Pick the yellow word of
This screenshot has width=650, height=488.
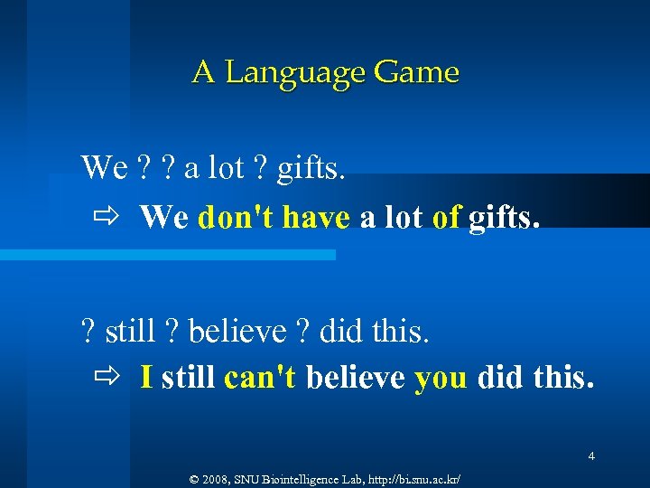pyautogui.click(x=446, y=217)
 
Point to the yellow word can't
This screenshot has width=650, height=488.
pyautogui.click(x=259, y=376)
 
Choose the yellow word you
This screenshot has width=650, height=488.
pyautogui.click(x=441, y=378)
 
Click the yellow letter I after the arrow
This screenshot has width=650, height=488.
pyautogui.click(x=146, y=376)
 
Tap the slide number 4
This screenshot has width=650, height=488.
pyautogui.click(x=590, y=456)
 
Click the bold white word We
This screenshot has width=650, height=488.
pyautogui.click(x=164, y=217)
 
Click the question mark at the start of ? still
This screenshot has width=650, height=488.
pyautogui.click(x=88, y=332)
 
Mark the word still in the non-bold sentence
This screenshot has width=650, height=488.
pyautogui.click(x=131, y=332)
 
